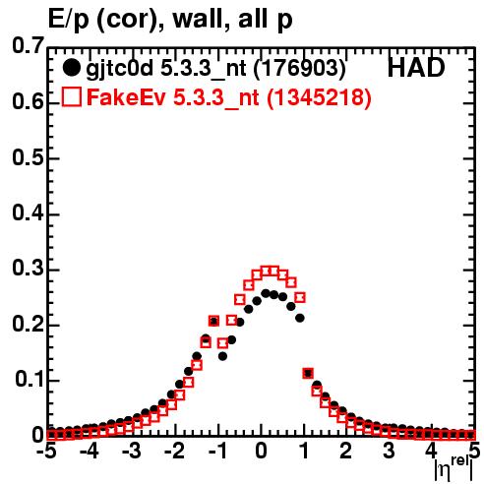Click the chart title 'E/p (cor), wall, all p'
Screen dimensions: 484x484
pos(170,19)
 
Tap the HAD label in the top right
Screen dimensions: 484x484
pos(416,68)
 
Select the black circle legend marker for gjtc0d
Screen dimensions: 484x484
pos(71,68)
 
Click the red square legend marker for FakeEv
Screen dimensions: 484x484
pos(71,96)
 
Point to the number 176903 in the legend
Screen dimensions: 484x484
pos(300,68)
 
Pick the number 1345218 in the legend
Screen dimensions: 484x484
pos(319,97)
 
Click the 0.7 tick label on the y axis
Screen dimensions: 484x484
pos(28,45)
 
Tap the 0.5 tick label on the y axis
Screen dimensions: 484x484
pos(28,157)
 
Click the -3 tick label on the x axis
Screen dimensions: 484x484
pos(132,452)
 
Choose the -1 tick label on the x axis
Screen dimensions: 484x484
pos(217,452)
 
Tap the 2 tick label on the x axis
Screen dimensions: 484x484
pos(345,452)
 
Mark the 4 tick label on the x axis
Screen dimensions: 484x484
pos(431,452)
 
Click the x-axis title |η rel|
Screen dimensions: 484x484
pos(454,467)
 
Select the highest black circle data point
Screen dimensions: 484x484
pos(266,293)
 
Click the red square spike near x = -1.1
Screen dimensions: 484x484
pos(213,321)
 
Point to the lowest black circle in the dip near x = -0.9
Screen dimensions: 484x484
pos(222,356)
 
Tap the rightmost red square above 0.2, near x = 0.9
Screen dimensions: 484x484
pos(300,297)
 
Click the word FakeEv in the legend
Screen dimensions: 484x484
pos(127,97)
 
